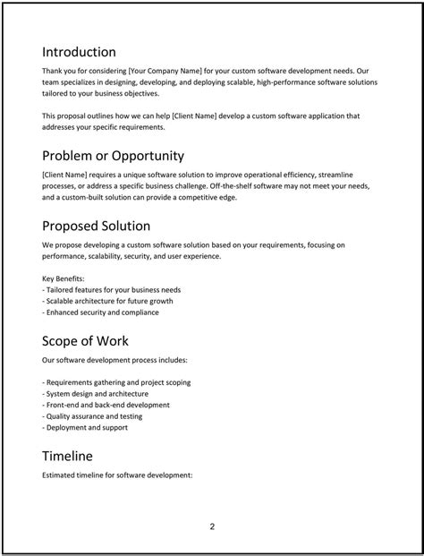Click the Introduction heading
click(x=79, y=52)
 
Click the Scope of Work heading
click(x=85, y=341)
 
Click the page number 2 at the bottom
click(x=212, y=526)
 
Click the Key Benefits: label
click(x=64, y=278)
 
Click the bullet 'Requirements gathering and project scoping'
click(x=116, y=382)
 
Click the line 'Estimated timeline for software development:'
click(x=117, y=475)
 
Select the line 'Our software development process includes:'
click(x=114, y=360)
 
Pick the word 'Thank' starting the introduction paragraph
click(x=53, y=71)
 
